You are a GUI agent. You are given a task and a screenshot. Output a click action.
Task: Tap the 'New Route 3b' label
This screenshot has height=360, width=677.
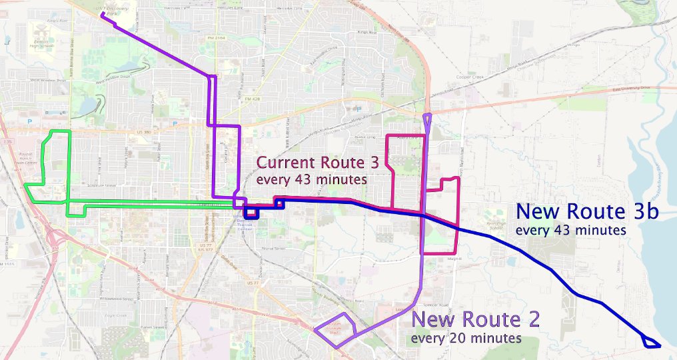coord(588,213)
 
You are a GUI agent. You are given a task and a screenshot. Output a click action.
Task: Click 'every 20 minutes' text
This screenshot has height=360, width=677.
coord(466,338)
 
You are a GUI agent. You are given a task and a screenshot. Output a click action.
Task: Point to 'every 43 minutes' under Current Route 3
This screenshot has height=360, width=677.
coord(311,179)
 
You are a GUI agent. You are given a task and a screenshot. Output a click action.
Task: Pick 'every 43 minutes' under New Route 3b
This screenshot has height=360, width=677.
coord(571,230)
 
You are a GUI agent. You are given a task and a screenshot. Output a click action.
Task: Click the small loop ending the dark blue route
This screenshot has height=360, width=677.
coord(650,343)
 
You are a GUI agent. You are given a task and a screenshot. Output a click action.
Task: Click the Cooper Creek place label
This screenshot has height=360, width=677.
coord(468,77)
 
